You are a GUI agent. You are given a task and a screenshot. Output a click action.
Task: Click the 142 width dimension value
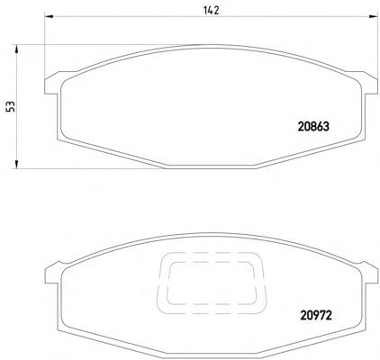tap(212, 10)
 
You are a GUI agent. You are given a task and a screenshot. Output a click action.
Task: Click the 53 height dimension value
tap(11, 106)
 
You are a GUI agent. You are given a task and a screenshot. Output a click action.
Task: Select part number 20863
tap(313, 127)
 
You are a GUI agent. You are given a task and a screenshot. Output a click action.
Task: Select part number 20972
tap(316, 315)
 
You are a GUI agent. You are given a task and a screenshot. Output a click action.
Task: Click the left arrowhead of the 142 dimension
tap(49, 16)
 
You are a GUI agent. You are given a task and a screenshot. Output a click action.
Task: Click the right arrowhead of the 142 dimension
tap(373, 16)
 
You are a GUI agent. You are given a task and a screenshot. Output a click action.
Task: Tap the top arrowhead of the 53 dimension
tap(16, 49)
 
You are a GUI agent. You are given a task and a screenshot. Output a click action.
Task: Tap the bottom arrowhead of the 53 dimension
tap(16, 164)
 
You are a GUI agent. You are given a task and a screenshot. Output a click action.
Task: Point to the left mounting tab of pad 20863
tap(52, 83)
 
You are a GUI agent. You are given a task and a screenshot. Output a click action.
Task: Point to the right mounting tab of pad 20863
tap(368, 83)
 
